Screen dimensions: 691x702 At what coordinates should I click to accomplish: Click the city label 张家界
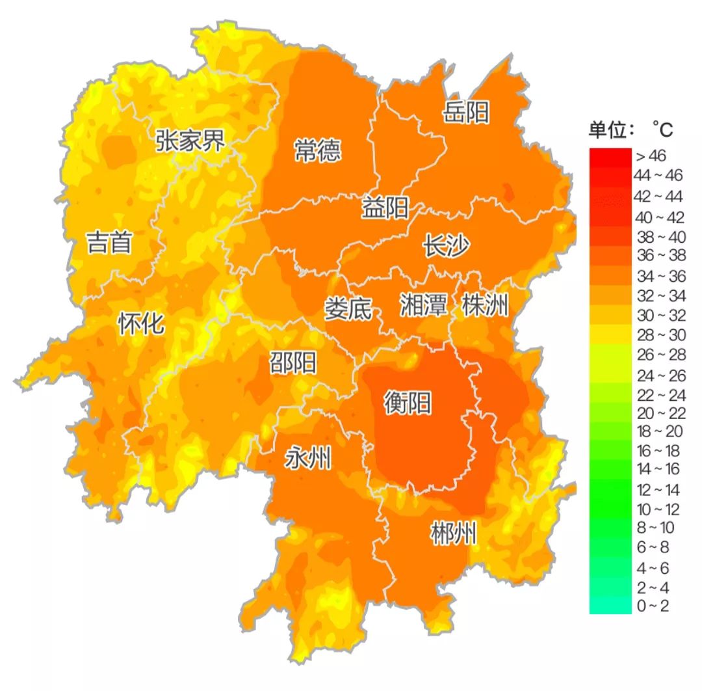(x=190, y=140)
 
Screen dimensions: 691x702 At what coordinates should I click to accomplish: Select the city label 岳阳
(x=466, y=112)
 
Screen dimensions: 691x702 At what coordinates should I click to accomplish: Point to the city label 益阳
(x=385, y=208)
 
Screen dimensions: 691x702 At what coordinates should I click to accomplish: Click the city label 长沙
(x=446, y=247)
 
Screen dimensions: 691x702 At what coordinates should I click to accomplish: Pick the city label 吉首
(x=109, y=243)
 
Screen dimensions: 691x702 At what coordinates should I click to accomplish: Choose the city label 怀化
(x=141, y=323)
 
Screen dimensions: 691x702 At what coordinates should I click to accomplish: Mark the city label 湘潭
(x=424, y=305)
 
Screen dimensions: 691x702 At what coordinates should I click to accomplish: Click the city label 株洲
(x=484, y=305)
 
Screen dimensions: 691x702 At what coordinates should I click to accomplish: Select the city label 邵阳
(x=293, y=362)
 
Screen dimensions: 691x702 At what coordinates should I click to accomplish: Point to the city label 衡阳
(x=408, y=403)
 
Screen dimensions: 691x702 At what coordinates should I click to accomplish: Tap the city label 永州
(x=308, y=459)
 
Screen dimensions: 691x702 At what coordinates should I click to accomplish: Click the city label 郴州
(x=453, y=535)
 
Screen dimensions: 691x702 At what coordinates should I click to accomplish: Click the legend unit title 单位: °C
(x=630, y=130)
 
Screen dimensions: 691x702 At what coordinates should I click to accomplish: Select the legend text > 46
(x=651, y=156)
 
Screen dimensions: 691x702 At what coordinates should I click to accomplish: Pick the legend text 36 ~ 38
(x=659, y=256)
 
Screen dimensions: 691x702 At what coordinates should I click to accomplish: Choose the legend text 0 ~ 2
(x=652, y=606)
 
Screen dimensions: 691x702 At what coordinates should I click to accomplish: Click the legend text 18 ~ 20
(x=659, y=432)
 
